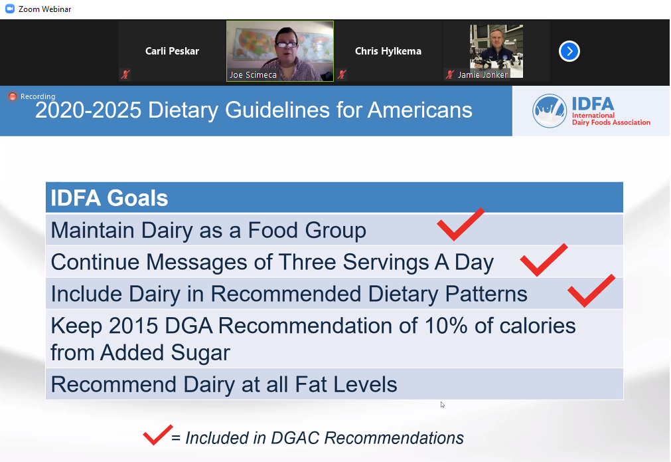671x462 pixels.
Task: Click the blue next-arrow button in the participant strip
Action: click(569, 51)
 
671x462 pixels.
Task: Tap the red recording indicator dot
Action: click(13, 96)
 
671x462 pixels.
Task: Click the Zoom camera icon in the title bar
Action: click(10, 9)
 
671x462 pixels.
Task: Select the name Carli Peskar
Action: click(172, 51)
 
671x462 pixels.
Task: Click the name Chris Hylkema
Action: click(388, 51)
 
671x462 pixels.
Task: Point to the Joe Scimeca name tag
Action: click(253, 75)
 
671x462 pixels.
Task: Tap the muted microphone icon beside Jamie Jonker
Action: click(449, 74)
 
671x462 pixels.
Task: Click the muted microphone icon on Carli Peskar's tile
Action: click(125, 74)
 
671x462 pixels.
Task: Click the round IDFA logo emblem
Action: click(550, 111)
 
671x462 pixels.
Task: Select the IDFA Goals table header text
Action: click(110, 198)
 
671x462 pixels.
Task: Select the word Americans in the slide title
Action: click(420, 110)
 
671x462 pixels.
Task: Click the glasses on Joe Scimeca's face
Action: click(286, 44)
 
